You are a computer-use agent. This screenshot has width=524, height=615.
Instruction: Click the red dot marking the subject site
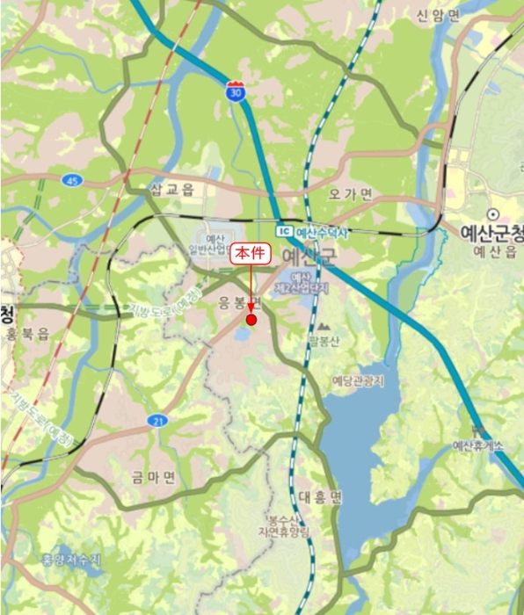tap(251, 320)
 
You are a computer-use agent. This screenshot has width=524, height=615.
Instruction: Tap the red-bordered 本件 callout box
tap(252, 256)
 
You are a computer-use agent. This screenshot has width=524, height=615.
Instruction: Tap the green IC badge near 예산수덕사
tap(283, 232)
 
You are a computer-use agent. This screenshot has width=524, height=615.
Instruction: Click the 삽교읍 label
tap(171, 189)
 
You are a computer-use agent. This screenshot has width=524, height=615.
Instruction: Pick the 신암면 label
tap(438, 16)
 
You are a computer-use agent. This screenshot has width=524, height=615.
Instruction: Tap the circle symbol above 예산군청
tap(493, 213)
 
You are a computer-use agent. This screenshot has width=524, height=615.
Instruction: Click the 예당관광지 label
tap(358, 380)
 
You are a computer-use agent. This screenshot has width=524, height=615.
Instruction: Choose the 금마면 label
tap(154, 477)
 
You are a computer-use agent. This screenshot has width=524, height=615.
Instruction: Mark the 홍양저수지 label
tap(72, 560)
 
